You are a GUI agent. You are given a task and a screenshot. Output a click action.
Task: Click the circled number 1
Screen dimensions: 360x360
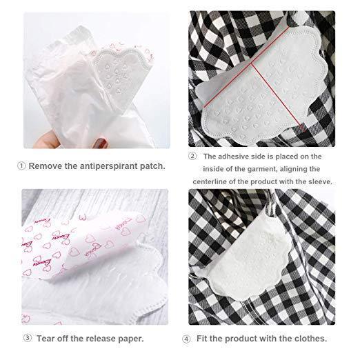(x=21, y=166)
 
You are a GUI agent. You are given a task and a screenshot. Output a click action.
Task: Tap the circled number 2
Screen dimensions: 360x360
(x=192, y=157)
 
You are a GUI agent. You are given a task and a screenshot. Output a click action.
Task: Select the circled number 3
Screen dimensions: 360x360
(x=28, y=338)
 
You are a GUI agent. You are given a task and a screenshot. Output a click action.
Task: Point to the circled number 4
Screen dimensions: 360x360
(x=186, y=339)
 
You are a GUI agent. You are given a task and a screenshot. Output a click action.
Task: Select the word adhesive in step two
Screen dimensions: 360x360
(x=233, y=157)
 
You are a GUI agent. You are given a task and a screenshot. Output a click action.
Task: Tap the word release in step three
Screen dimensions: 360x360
(x=101, y=339)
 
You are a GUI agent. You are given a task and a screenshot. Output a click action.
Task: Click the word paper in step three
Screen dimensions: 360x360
(x=131, y=339)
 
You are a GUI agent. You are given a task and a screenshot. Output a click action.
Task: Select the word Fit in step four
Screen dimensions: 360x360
(x=202, y=339)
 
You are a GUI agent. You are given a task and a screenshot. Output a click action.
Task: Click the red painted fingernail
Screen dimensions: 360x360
(x=101, y=143)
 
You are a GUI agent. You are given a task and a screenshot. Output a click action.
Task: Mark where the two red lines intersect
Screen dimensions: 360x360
(x=252, y=63)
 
